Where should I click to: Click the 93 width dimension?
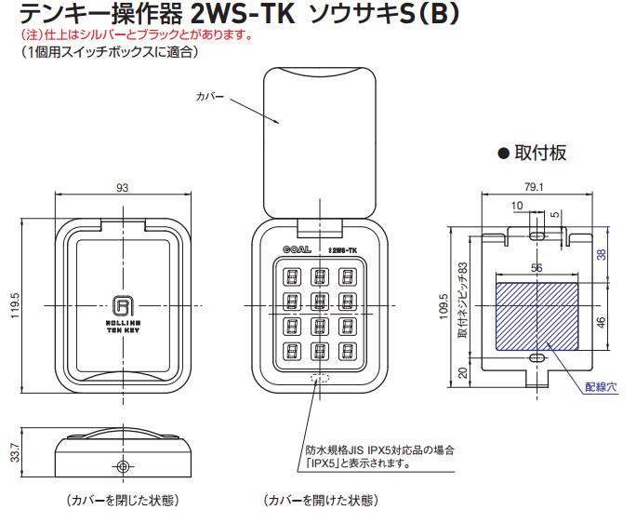(x=122, y=188)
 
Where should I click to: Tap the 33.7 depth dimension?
(x=15, y=451)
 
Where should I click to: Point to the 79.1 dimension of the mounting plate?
(x=534, y=187)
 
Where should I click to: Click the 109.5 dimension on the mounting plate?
(x=444, y=306)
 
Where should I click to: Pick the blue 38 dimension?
(x=601, y=254)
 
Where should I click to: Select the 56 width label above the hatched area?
(x=537, y=268)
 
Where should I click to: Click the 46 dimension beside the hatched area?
(x=601, y=322)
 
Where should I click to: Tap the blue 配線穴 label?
(x=601, y=387)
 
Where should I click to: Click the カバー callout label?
(x=210, y=97)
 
